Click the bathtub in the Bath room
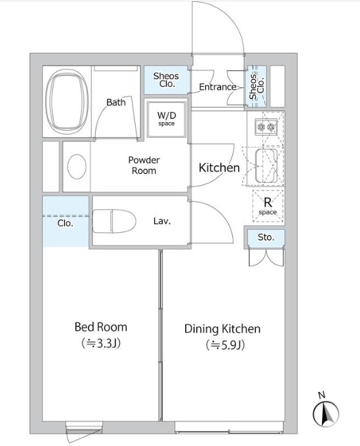tap(67, 101)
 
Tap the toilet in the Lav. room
tap(114, 221)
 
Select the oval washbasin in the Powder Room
tap(76, 167)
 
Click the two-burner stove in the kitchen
tap(266, 126)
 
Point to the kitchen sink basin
tap(266, 165)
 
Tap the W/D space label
tap(166, 118)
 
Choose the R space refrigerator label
tap(267, 206)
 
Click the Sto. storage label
tap(266, 237)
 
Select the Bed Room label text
tap(100, 327)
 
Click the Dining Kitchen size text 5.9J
tap(225, 345)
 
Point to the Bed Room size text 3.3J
tap(101, 343)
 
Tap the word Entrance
tap(218, 87)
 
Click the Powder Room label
tap(144, 165)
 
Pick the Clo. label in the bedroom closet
tap(66, 223)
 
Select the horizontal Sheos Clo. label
tap(166, 80)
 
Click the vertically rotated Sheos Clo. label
tap(256, 86)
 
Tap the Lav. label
tap(162, 221)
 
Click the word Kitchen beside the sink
tap(219, 167)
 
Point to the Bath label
tap(116, 102)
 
